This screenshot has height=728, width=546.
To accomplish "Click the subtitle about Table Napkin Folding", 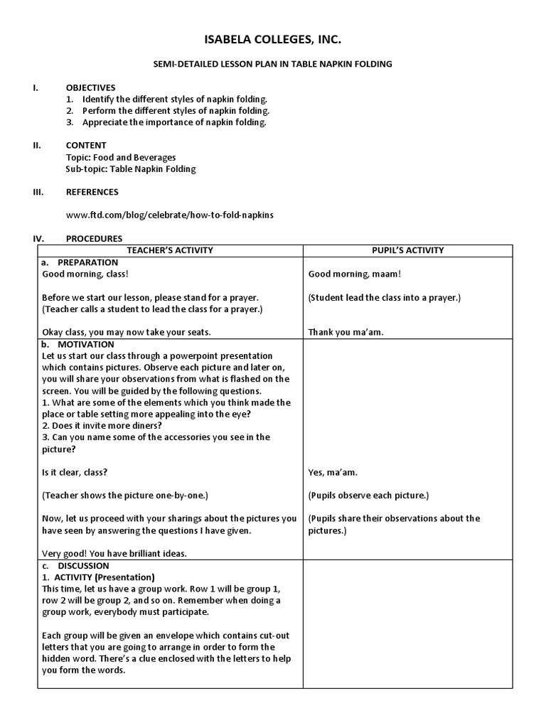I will click(273, 65).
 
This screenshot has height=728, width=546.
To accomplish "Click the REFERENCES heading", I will click(92, 192).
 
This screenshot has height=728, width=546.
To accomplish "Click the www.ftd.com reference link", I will click(170, 215).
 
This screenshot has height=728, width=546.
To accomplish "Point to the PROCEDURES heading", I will click(94, 239).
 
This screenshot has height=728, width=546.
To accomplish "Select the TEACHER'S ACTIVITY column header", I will click(170, 250).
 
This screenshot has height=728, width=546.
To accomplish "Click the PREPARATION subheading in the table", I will click(88, 262).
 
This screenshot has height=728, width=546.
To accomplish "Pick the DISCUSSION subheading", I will click(84, 566).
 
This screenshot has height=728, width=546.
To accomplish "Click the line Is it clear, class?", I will click(75, 472).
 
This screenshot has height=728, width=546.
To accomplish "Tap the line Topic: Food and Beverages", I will click(121, 158).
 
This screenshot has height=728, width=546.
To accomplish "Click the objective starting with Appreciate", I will click(174, 122).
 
